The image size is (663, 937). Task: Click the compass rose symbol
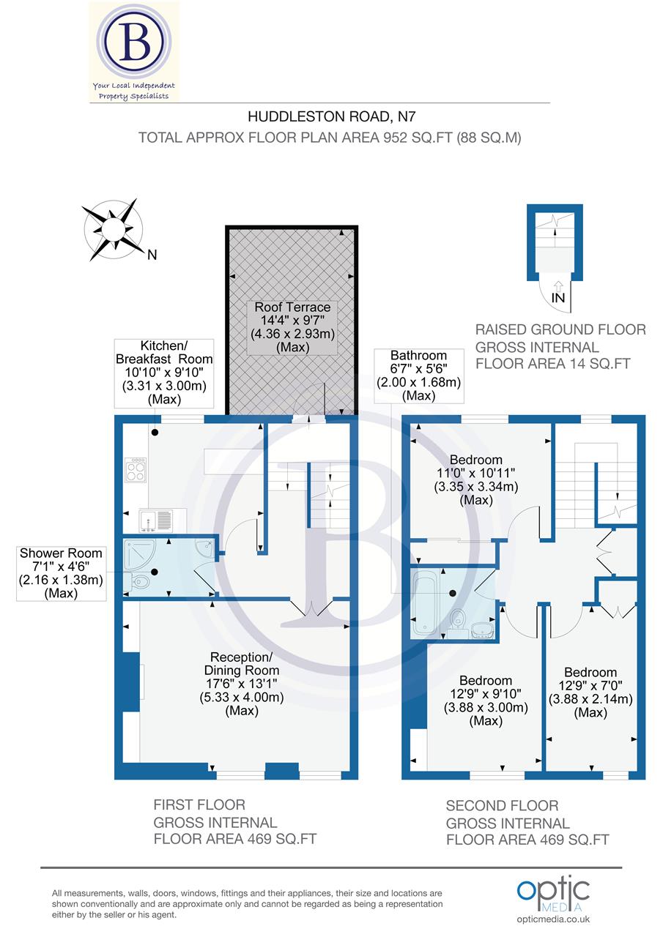click(114, 228)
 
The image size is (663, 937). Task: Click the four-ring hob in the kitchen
click(136, 469)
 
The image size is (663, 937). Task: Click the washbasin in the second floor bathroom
click(482, 628)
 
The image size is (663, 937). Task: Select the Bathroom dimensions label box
click(418, 376)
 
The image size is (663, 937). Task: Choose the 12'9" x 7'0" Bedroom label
click(590, 692)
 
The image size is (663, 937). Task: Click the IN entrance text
click(558, 298)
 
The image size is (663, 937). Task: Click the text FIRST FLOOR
click(199, 805)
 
